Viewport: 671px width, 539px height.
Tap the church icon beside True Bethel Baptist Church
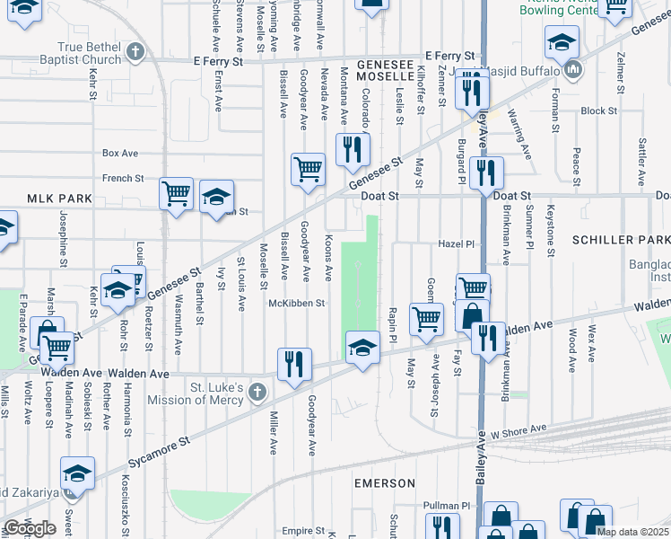135,50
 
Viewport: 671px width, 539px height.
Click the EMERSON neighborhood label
385,483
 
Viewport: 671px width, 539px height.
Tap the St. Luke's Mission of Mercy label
216,394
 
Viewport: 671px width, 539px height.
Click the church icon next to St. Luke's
257,392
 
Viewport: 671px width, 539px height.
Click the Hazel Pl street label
455,243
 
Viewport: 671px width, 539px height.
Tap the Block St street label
594,111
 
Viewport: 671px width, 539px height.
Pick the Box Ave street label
120,154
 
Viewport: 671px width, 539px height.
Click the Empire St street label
301,530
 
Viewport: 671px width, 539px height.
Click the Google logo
30,528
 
